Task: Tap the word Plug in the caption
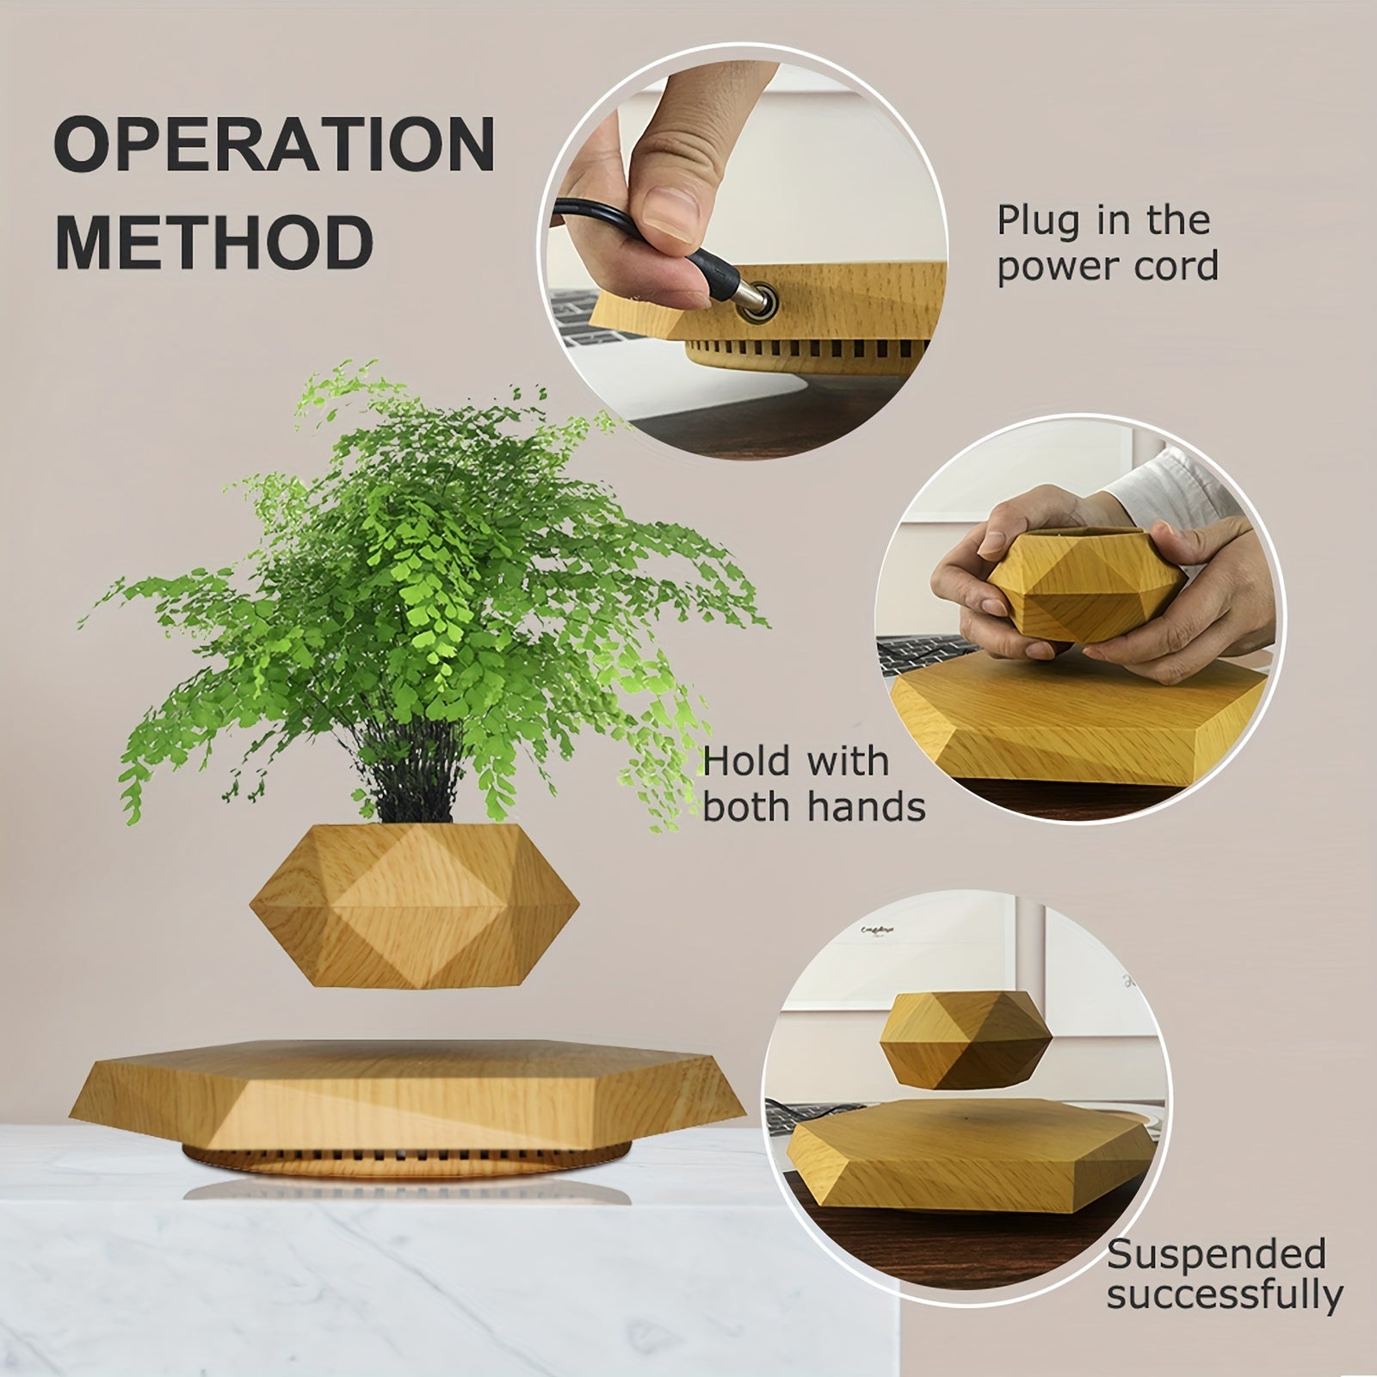tap(1033, 222)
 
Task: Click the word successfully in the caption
tap(1224, 1295)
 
